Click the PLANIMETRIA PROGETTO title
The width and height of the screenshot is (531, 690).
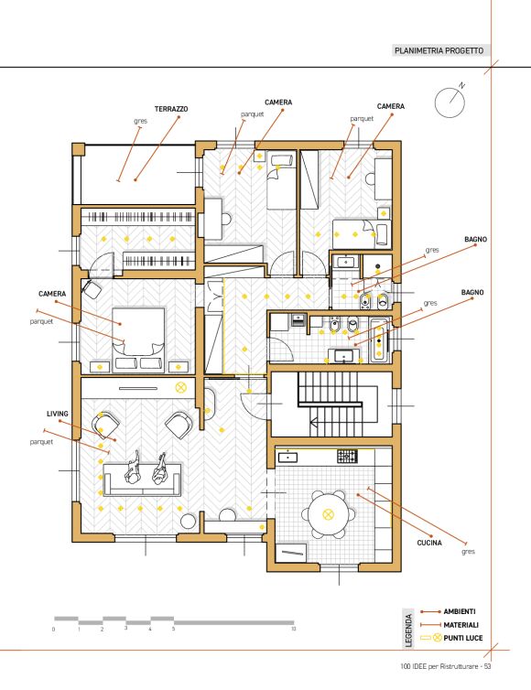[x=439, y=50]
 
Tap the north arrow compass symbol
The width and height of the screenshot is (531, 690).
[x=450, y=101]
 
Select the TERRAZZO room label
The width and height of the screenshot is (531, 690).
[x=171, y=109]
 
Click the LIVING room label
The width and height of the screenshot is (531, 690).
[x=58, y=414]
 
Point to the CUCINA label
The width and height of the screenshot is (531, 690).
[x=429, y=543]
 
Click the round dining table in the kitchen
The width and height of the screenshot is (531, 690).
[x=328, y=514]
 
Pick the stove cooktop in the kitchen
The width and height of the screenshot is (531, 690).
[x=347, y=456]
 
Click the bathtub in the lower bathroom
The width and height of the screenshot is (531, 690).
[x=379, y=340]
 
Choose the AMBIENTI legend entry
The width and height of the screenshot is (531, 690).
[x=460, y=611]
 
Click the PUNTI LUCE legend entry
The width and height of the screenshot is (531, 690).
[x=462, y=638]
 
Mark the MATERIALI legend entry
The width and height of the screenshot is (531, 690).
[x=461, y=625]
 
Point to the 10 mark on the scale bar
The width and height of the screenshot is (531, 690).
[x=294, y=629]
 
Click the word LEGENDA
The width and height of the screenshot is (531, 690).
[x=408, y=631]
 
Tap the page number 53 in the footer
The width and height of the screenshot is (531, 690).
[x=487, y=666]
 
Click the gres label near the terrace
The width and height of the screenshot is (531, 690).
[x=140, y=121]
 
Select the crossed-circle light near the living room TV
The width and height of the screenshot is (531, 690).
[x=181, y=388]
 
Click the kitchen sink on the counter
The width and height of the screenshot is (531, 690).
[x=287, y=458]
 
